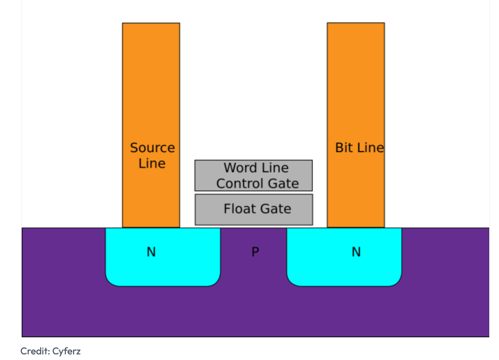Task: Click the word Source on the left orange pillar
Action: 152,148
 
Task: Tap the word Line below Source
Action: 152,164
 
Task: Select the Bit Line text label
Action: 359,148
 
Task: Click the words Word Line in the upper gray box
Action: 256,168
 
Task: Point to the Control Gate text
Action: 257,184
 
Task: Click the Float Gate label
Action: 257,209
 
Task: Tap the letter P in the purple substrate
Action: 255,251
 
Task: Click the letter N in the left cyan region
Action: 151,252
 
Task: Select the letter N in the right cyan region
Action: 356,252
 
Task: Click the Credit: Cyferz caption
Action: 50,351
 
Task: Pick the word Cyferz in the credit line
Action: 66,351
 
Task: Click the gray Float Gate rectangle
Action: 210,217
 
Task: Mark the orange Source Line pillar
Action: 151,88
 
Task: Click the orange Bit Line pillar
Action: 356,88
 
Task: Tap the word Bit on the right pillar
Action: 343,148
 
